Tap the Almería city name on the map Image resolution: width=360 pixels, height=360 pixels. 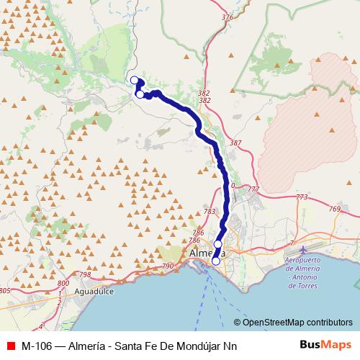pyautogui.click(x=206, y=254)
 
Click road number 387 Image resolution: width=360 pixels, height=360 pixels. pyautogui.click(x=235, y=143)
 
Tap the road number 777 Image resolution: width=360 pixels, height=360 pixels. pyautogui.click(x=253, y=189)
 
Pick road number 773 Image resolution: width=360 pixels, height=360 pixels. pyautogui.click(x=301, y=197)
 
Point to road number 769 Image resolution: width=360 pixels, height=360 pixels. pyautogui.click(x=334, y=210)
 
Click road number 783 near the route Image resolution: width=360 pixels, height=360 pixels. pyautogui.click(x=210, y=212)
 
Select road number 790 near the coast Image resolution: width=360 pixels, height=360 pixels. pyautogui.click(x=168, y=266)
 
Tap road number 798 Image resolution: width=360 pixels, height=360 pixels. pyautogui.click(x=84, y=275)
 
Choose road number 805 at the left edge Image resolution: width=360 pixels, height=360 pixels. pyautogui.click(x=4, y=291)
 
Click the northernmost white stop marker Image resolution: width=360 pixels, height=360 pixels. pyautogui.click(x=133, y=80)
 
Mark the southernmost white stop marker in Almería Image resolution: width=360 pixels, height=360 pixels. pyautogui.click(x=215, y=261)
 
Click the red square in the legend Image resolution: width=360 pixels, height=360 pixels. pyautogui.click(x=10, y=345)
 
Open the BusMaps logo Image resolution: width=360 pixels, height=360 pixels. pyautogui.click(x=330, y=345)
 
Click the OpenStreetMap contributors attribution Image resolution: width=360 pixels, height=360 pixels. pyautogui.click(x=294, y=322)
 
